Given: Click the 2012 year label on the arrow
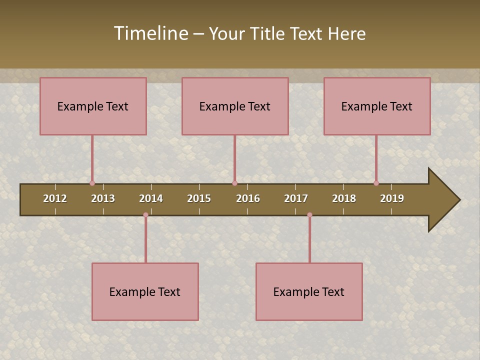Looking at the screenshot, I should (55, 198).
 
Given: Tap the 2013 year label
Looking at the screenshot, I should (103, 198).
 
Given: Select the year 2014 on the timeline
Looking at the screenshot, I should (151, 198).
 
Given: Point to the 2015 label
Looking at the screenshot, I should (199, 198).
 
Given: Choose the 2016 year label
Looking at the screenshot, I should (248, 198).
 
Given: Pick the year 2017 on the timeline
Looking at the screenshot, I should (296, 198).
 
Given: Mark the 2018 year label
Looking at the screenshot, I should (344, 198).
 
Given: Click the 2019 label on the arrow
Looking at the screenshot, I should (392, 198).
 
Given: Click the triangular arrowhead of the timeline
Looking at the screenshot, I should (442, 200).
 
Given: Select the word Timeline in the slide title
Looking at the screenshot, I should (150, 33).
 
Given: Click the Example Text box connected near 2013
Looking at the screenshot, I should (93, 106).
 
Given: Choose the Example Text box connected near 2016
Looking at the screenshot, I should (235, 106).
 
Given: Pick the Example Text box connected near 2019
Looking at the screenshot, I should (377, 106).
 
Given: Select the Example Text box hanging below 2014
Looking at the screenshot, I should (145, 291).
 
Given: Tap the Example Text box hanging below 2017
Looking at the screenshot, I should (309, 291).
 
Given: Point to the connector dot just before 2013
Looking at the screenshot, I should (92, 183).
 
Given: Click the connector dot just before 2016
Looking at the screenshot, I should (234, 183).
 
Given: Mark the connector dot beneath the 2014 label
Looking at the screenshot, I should (145, 215).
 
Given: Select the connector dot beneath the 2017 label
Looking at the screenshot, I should (309, 215).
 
